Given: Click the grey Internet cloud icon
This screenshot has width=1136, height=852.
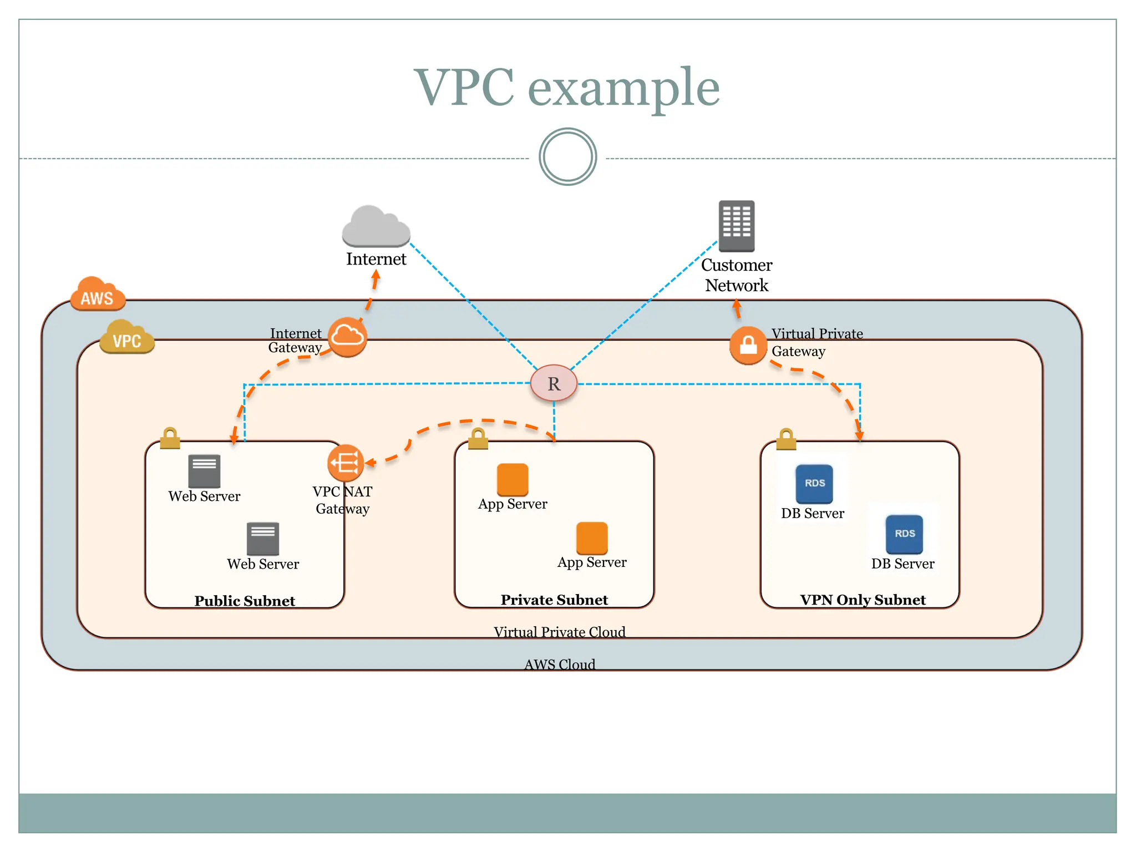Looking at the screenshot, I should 376,227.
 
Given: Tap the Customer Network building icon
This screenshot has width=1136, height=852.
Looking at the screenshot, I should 736,226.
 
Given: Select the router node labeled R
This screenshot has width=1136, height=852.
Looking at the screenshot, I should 554,383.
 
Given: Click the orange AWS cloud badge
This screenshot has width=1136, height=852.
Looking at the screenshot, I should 98,295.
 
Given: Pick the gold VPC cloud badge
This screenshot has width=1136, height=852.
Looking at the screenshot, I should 127,337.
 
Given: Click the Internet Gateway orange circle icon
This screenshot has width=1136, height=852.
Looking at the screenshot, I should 347,337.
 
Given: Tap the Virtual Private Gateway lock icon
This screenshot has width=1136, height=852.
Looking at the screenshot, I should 748,345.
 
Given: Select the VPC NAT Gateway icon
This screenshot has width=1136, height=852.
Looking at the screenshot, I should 346,463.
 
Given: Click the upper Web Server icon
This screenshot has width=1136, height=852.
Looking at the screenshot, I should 204,471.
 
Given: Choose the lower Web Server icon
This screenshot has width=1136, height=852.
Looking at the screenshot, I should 263,539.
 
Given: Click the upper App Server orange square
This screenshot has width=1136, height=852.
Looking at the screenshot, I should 513,479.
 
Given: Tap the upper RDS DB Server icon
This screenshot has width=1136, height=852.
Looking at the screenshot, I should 814,484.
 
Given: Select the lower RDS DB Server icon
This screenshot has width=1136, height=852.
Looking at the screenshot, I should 904,534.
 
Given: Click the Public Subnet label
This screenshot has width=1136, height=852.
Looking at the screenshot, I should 245,601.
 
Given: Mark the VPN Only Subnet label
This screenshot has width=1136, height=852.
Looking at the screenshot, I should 863,600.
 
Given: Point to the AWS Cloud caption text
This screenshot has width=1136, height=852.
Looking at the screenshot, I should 560,664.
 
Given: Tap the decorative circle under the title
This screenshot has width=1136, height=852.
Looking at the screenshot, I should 567,157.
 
